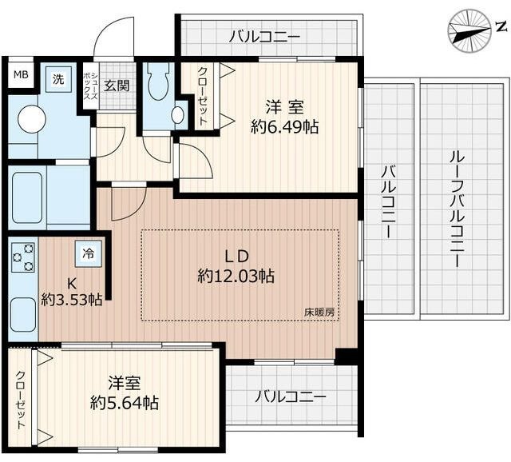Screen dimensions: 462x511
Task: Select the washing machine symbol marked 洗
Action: tap(57, 78)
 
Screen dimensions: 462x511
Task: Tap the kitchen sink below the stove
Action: tap(22, 312)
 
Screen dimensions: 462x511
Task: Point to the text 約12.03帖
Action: tap(236, 277)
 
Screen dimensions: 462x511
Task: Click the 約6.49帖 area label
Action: tap(284, 126)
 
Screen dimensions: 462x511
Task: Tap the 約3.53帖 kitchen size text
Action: tap(72, 300)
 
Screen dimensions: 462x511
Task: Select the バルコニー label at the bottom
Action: tap(290, 396)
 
